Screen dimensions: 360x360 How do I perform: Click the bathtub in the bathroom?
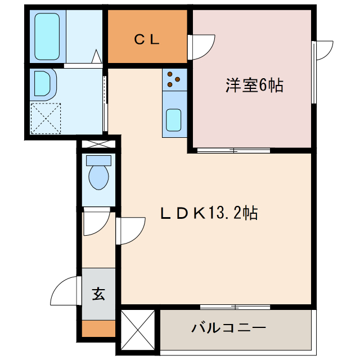pyautogui.click(x=47, y=36)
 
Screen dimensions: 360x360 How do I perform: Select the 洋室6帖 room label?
pyautogui.click(x=254, y=85)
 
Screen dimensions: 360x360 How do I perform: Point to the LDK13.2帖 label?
pyautogui.click(x=209, y=213)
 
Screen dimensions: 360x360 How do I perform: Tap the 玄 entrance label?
pyautogui.click(x=99, y=294)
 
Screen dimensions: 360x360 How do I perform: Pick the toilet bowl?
pyautogui.click(x=99, y=177)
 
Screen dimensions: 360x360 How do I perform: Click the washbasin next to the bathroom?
pyautogui.click(x=43, y=83)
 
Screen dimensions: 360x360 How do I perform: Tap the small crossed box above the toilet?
pyautogui.click(x=99, y=144)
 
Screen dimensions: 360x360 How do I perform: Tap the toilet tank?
pyautogui.click(x=99, y=161)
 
